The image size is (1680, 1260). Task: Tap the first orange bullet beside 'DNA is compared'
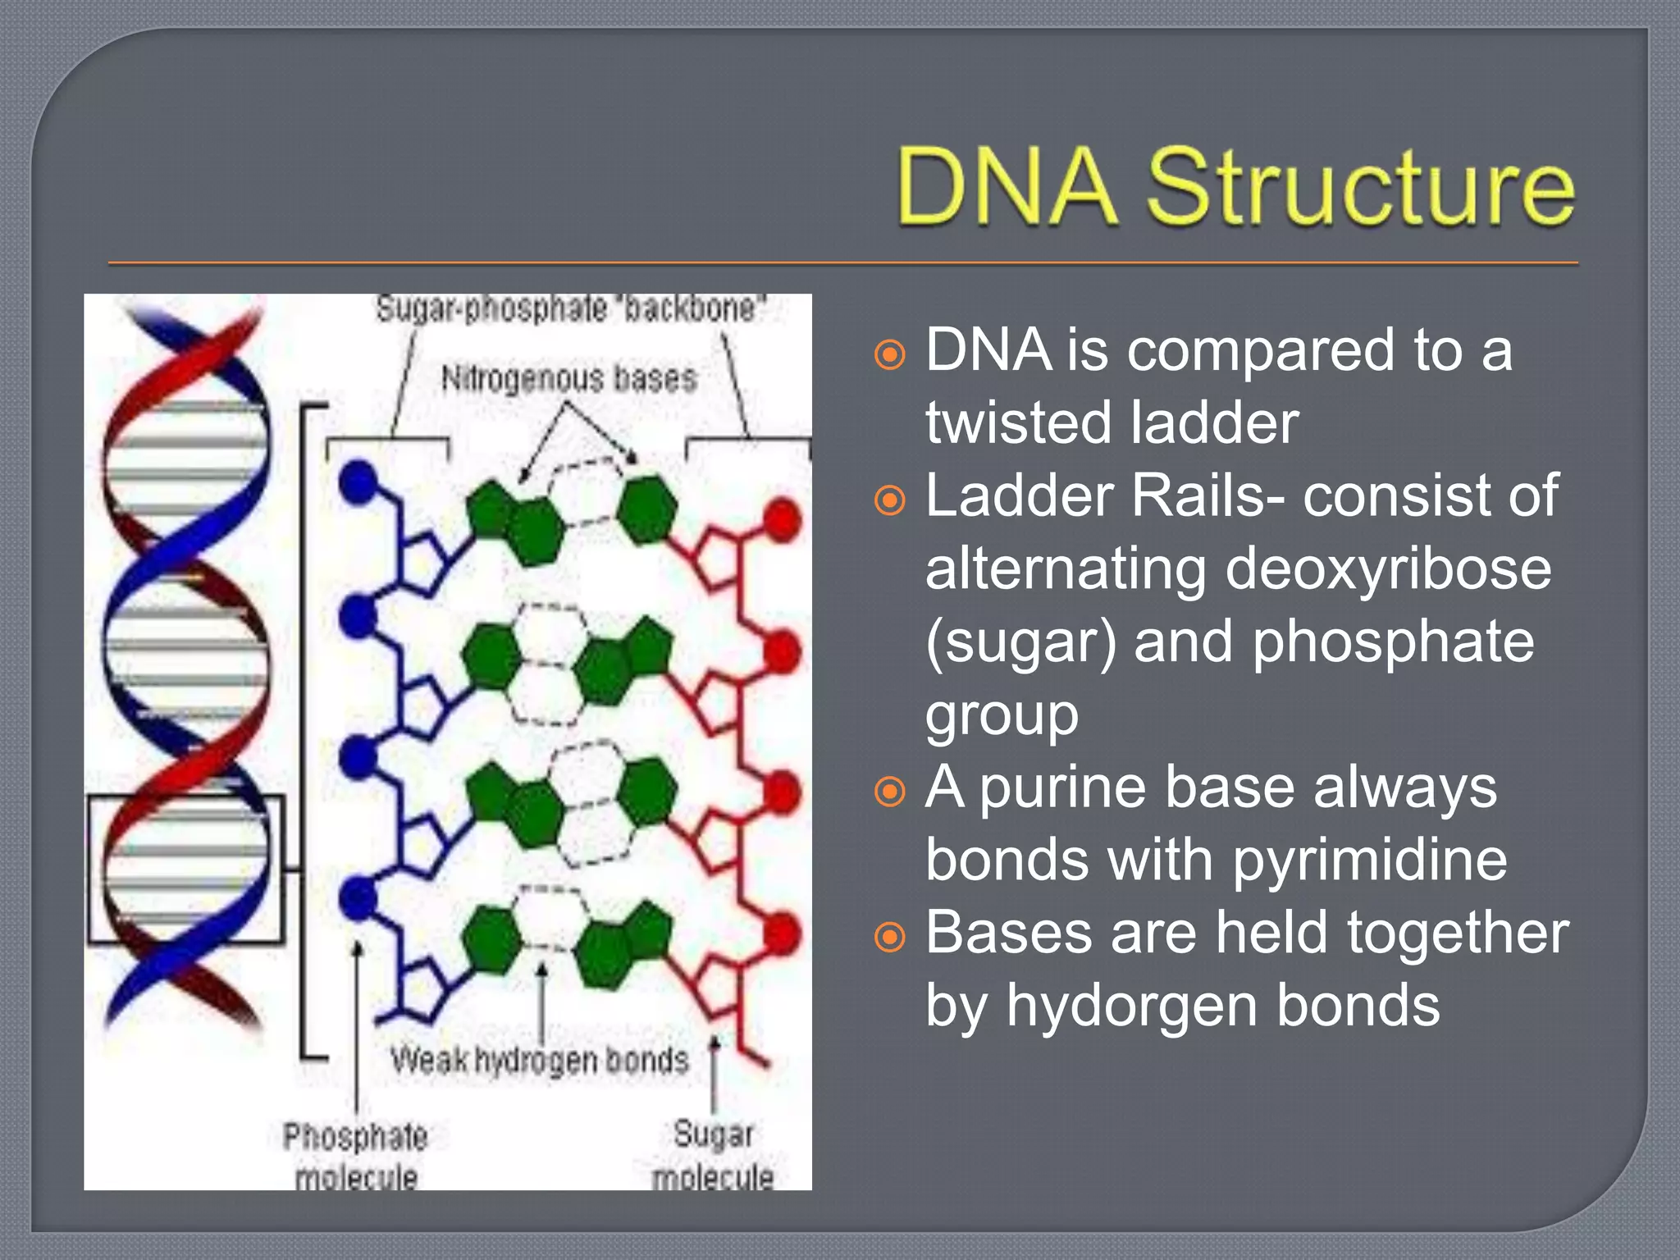pos(890,355)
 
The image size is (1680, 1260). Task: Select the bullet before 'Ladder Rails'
pos(890,500)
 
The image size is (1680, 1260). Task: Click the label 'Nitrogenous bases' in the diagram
pos(569,379)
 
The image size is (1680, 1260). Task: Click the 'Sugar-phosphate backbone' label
pos(569,309)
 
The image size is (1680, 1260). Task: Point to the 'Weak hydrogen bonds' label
pos(539,1060)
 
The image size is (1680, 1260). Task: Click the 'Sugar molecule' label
pos(713,1155)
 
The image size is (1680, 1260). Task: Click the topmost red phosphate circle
pos(782,520)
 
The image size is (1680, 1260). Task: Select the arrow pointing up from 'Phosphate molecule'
pos(357,1025)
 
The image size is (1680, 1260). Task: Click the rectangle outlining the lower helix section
pos(89,870)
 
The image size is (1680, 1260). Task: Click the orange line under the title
pos(842,263)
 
